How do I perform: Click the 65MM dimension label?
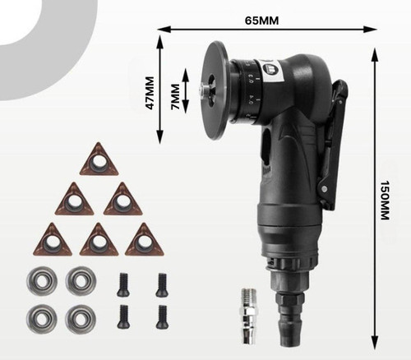pos(261,21)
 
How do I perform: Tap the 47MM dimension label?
pos(150,93)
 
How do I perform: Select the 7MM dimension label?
pos(175,96)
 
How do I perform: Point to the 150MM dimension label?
pos(385,200)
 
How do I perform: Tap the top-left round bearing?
pos(42,280)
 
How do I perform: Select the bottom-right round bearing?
pos(81,319)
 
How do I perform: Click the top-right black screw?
pos(162,284)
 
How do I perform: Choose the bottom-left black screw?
pos(123,316)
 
